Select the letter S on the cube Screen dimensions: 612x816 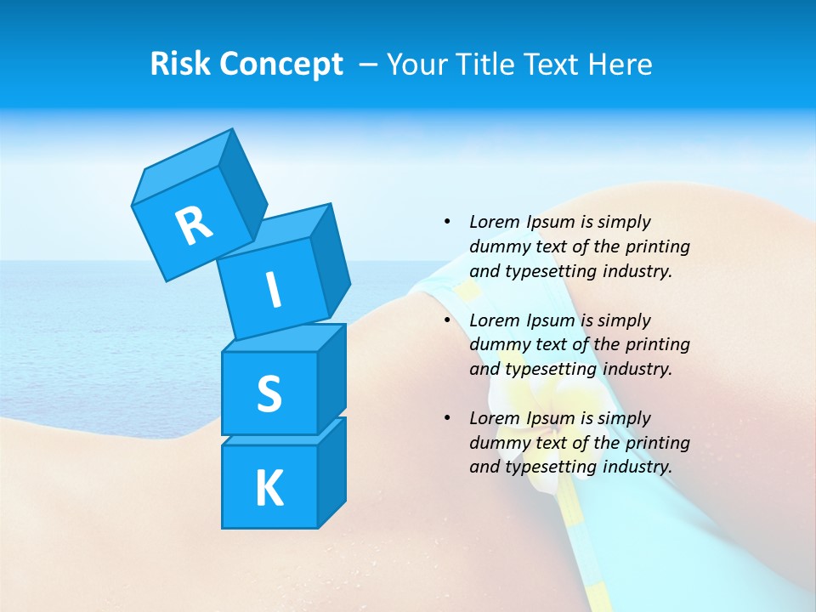[269, 394]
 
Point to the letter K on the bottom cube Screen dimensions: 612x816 [269, 489]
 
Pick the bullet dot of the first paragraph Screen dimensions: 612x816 [447, 222]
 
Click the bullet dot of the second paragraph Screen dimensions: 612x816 [447, 320]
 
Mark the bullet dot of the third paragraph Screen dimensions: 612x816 [447, 418]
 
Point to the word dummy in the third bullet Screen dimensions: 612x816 [498, 443]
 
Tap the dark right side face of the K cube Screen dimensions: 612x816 [331, 473]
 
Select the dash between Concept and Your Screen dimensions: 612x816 [369, 65]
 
